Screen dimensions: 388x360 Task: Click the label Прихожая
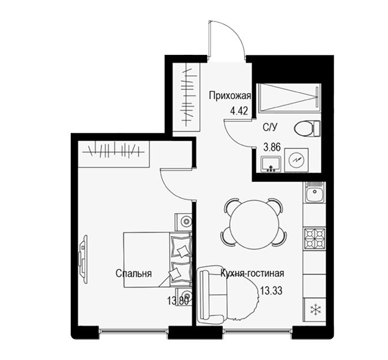(230, 96)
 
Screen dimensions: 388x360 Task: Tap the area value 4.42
(239, 111)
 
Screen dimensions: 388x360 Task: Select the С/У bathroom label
(270, 128)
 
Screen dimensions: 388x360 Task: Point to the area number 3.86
(272, 148)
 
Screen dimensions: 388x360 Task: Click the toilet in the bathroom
(307, 128)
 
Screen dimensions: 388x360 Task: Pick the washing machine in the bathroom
(296, 160)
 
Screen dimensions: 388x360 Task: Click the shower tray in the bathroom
(290, 98)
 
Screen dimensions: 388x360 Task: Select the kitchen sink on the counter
(314, 192)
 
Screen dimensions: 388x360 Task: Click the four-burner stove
(314, 238)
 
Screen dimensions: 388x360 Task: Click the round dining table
(254, 224)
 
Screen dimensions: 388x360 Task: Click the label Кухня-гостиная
(252, 274)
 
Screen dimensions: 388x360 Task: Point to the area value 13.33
(271, 290)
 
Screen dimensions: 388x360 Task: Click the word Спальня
(133, 274)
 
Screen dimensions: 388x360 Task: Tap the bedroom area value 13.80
(178, 301)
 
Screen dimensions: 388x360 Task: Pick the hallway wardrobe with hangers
(186, 97)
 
